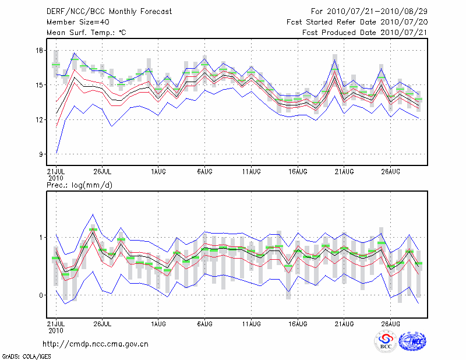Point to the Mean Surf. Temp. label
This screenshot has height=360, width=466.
click(86, 33)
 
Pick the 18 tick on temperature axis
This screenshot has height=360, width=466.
click(40, 51)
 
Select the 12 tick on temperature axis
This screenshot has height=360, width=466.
click(40, 120)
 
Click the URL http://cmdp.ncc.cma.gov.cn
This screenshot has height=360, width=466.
click(96, 344)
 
